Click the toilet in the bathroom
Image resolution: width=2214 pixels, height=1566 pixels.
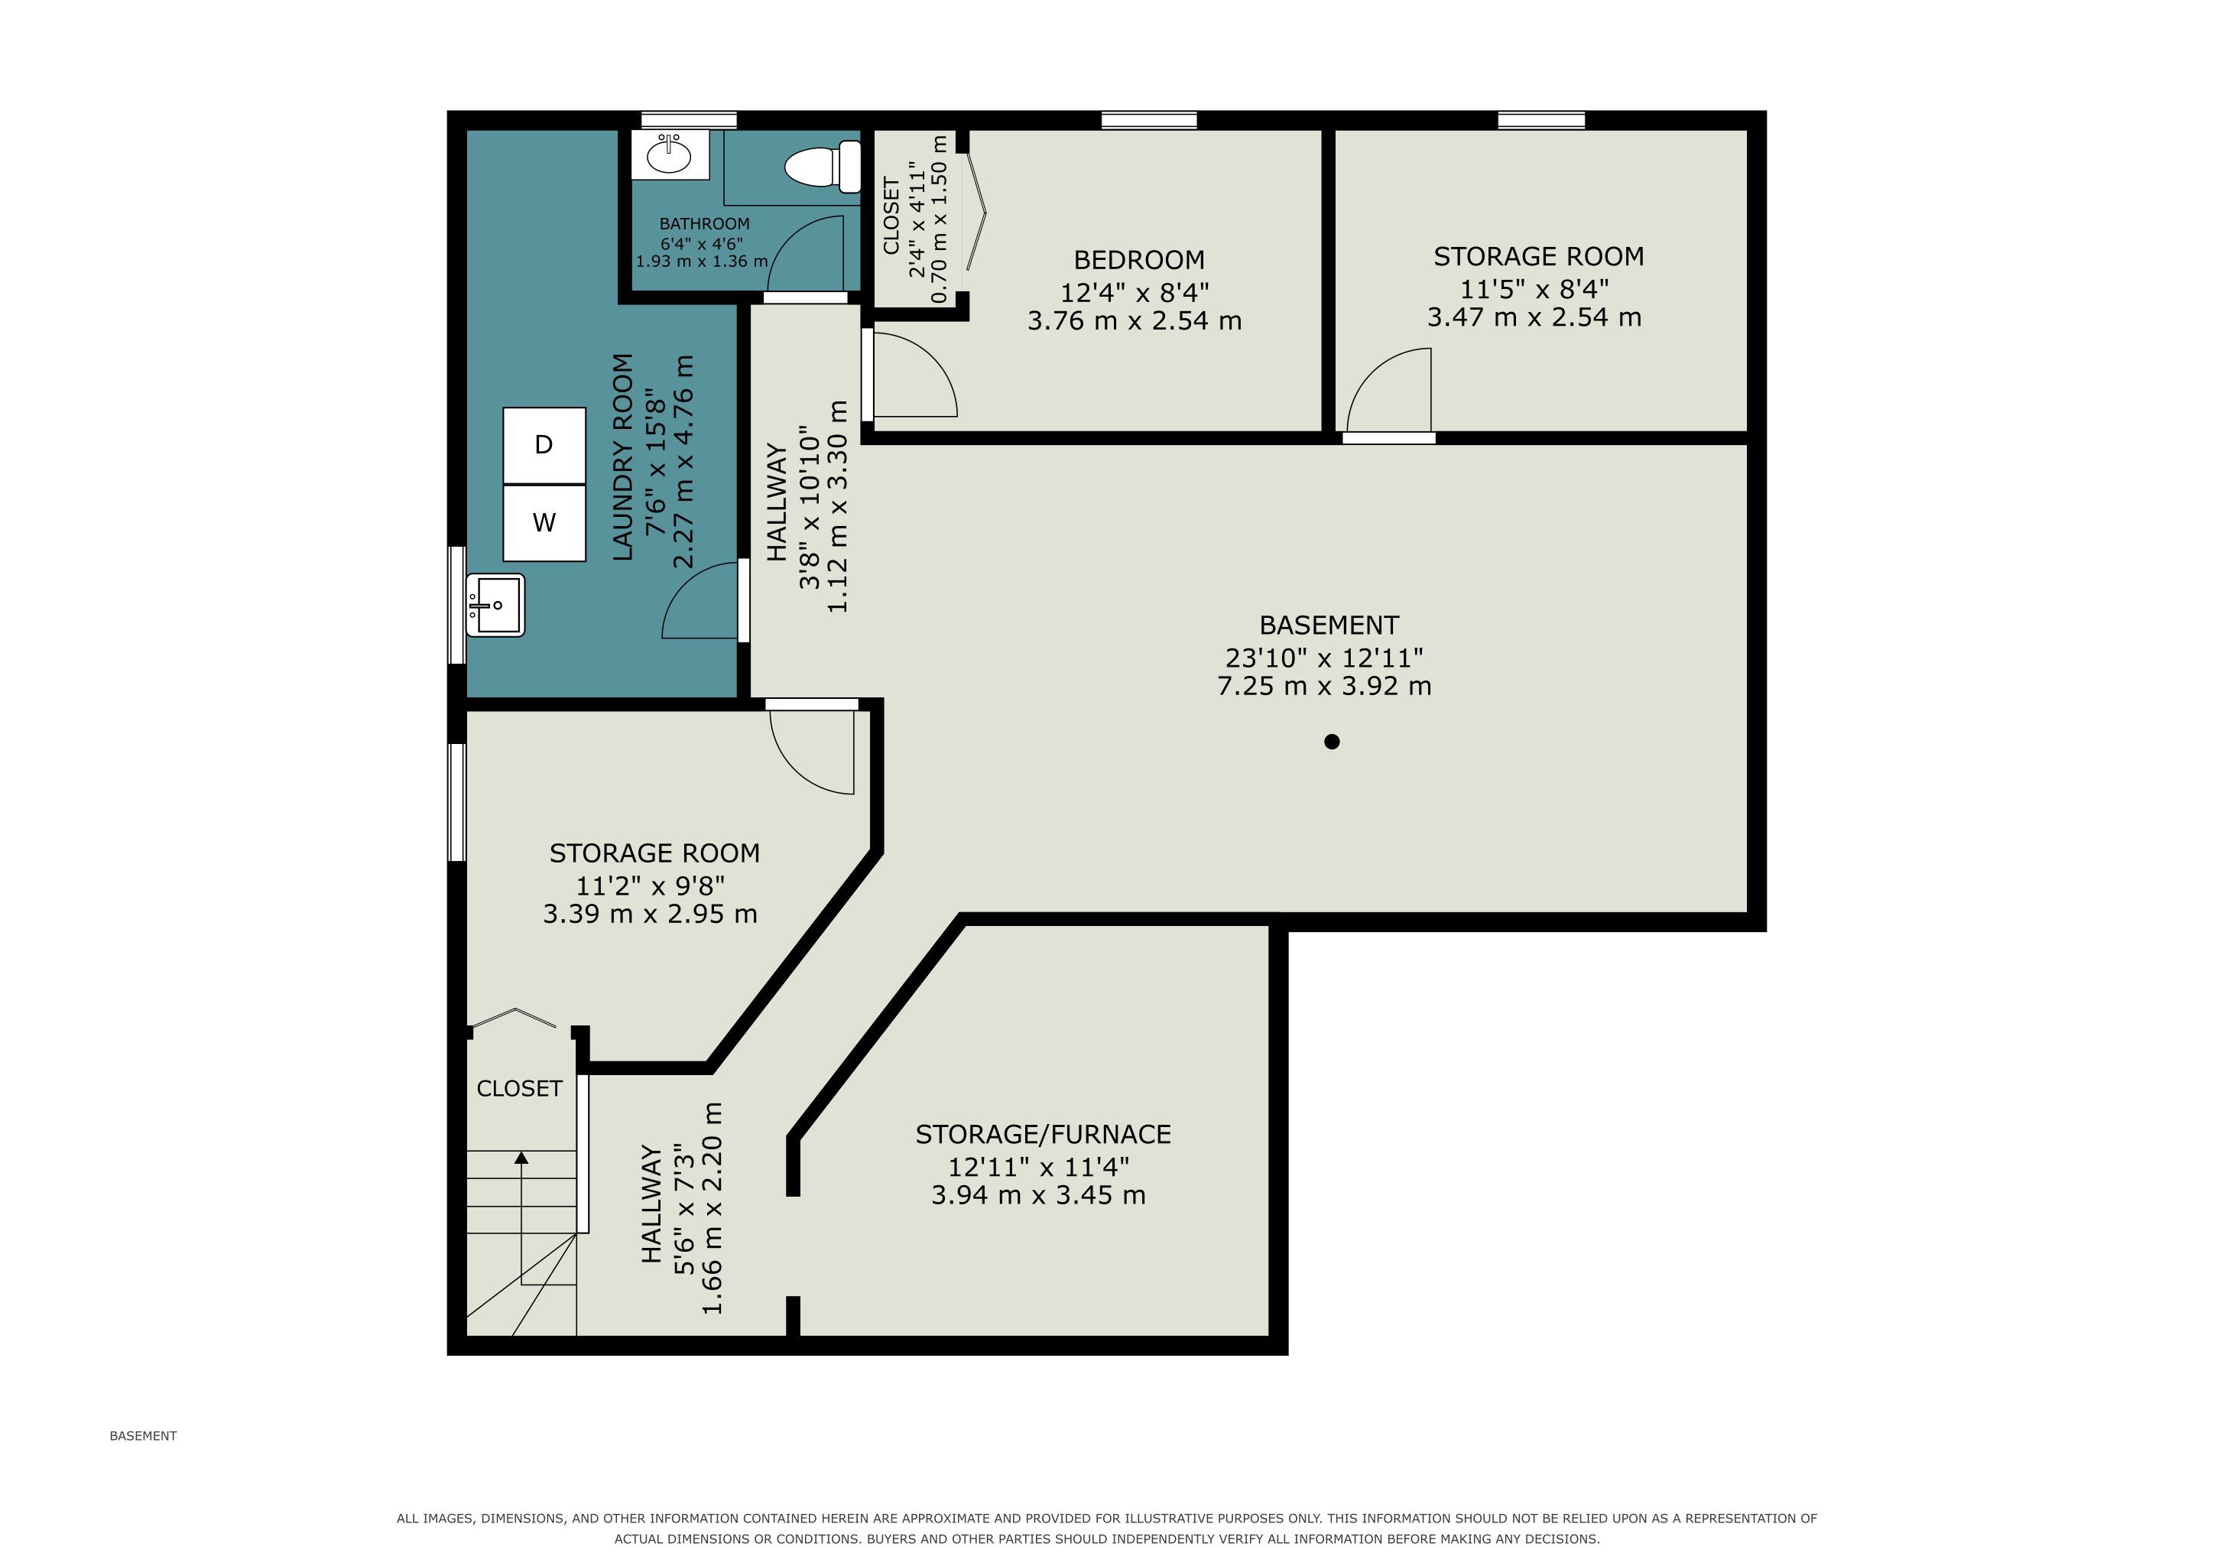823,167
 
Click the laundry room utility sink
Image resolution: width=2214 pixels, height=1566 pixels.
495,606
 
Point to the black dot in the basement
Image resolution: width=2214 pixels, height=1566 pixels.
1332,742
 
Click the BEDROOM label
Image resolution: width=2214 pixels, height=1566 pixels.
1139,259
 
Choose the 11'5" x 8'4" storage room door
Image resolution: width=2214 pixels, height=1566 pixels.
1388,391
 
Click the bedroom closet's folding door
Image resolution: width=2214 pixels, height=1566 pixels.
977,212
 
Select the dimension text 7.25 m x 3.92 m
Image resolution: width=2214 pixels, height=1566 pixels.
1324,686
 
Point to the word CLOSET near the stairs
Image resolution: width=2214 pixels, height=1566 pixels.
519,1089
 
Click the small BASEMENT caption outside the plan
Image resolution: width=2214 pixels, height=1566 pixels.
143,1436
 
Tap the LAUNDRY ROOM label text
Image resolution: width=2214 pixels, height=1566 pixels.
623,457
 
